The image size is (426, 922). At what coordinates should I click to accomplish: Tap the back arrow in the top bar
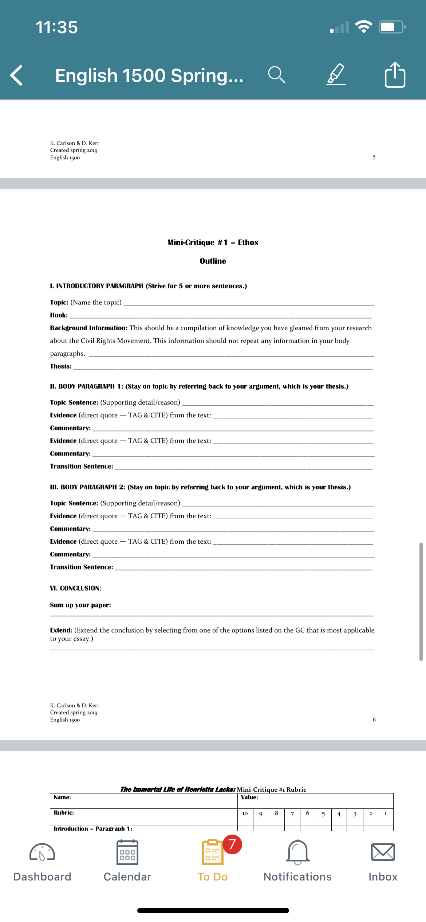coord(17,75)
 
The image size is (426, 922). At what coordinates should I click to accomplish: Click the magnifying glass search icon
coord(276,75)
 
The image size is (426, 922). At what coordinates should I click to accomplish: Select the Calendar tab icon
coord(127,852)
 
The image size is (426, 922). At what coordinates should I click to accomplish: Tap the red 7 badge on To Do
coord(232,844)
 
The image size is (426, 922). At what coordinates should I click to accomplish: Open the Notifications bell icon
coord(298,852)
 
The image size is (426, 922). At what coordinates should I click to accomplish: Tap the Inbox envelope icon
coord(383,852)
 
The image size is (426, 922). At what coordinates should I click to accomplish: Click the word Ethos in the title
coord(248,243)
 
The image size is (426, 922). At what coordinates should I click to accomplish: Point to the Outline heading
coord(213,261)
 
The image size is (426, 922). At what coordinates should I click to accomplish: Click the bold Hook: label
coord(59,315)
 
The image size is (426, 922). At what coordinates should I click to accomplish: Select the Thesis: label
coord(61,366)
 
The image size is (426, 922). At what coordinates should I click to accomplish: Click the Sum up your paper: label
coord(80,605)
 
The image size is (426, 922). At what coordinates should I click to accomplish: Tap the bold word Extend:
coord(61,630)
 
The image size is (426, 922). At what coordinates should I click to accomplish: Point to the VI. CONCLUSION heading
coord(75,588)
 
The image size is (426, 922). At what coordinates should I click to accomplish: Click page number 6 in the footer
coord(374,720)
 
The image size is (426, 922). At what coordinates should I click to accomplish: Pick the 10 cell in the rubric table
coord(245,813)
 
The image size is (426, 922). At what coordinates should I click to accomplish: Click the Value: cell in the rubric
coord(250,797)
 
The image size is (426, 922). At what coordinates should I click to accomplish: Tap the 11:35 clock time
coord(57,27)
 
